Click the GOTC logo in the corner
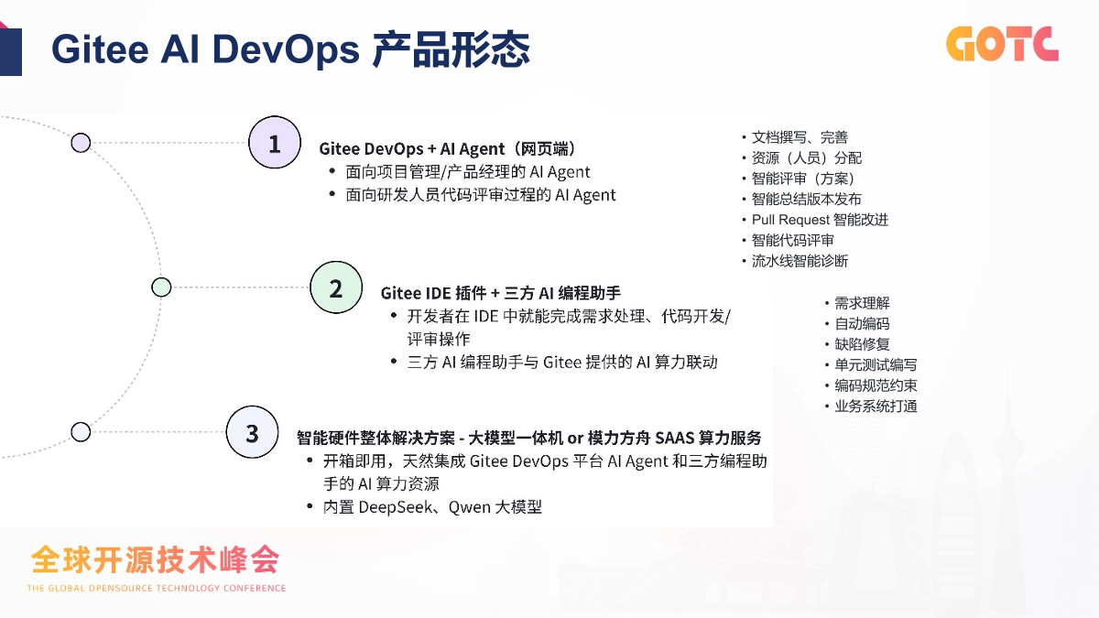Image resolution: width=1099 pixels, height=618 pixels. point(1002,43)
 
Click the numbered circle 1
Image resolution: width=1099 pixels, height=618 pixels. point(275,143)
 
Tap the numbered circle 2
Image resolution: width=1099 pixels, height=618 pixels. point(336,288)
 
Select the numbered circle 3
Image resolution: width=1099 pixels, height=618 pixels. point(252,432)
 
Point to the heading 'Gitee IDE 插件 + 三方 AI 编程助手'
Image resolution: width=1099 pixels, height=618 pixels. point(501,293)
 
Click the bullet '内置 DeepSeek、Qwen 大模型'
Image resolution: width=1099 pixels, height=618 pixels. point(432,506)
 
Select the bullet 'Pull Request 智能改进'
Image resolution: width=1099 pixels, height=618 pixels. point(820,220)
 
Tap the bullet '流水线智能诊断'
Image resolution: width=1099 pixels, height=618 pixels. point(800,261)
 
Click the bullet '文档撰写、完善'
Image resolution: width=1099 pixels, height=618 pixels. point(800,137)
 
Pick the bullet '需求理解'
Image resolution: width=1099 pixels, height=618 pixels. point(862,303)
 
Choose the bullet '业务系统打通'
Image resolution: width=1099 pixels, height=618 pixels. point(876,407)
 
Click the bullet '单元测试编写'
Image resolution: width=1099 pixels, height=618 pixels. point(876,365)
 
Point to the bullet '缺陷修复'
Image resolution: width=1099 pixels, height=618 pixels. point(862,344)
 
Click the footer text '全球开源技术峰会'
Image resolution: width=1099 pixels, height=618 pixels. point(154,558)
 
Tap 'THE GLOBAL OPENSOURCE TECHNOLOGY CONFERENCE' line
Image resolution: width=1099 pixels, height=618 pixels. point(157,588)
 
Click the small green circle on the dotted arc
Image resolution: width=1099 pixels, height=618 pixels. point(161,287)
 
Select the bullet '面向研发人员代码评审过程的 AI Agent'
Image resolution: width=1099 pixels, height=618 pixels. point(481,195)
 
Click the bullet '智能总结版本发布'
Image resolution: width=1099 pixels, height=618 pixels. point(806,199)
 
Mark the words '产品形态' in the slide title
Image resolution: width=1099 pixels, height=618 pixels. point(451,49)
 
